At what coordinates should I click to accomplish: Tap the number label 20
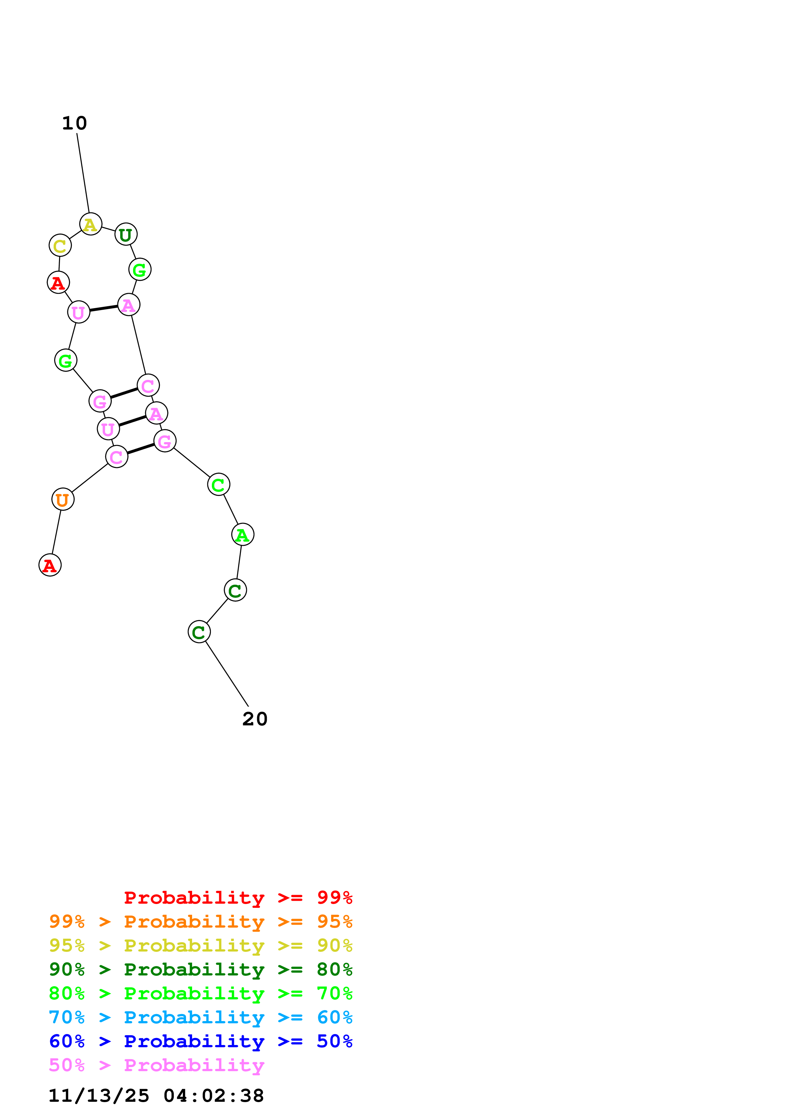click(255, 719)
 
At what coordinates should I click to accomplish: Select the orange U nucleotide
click(63, 500)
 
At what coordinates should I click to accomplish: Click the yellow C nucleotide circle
click(60, 246)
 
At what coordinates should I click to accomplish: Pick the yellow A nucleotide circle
click(91, 224)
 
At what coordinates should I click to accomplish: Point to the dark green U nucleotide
click(126, 234)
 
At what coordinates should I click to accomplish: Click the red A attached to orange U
click(50, 565)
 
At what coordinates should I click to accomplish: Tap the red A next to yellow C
click(58, 283)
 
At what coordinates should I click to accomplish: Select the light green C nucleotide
click(218, 485)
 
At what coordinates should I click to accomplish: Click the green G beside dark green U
click(140, 270)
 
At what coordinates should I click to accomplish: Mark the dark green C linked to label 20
click(199, 632)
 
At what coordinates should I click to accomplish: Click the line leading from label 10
click(83, 173)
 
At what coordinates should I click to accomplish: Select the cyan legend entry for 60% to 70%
click(201, 1017)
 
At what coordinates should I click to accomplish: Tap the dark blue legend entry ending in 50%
click(201, 1041)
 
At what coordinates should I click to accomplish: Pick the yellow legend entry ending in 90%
click(201, 945)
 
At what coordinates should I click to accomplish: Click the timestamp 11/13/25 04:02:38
click(156, 1096)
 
